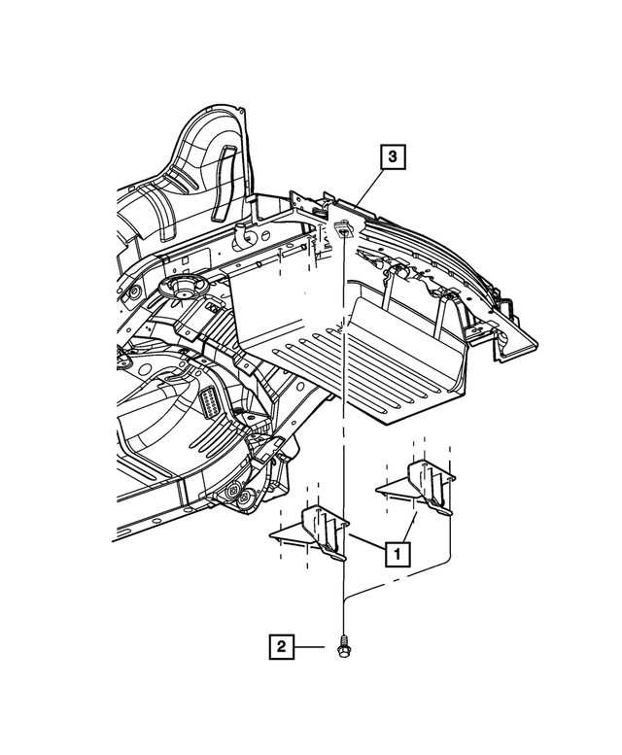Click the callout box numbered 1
tap(397, 554)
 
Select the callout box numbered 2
tap(281, 646)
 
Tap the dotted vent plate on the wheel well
tap(208, 401)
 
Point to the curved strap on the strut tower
tap(222, 182)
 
